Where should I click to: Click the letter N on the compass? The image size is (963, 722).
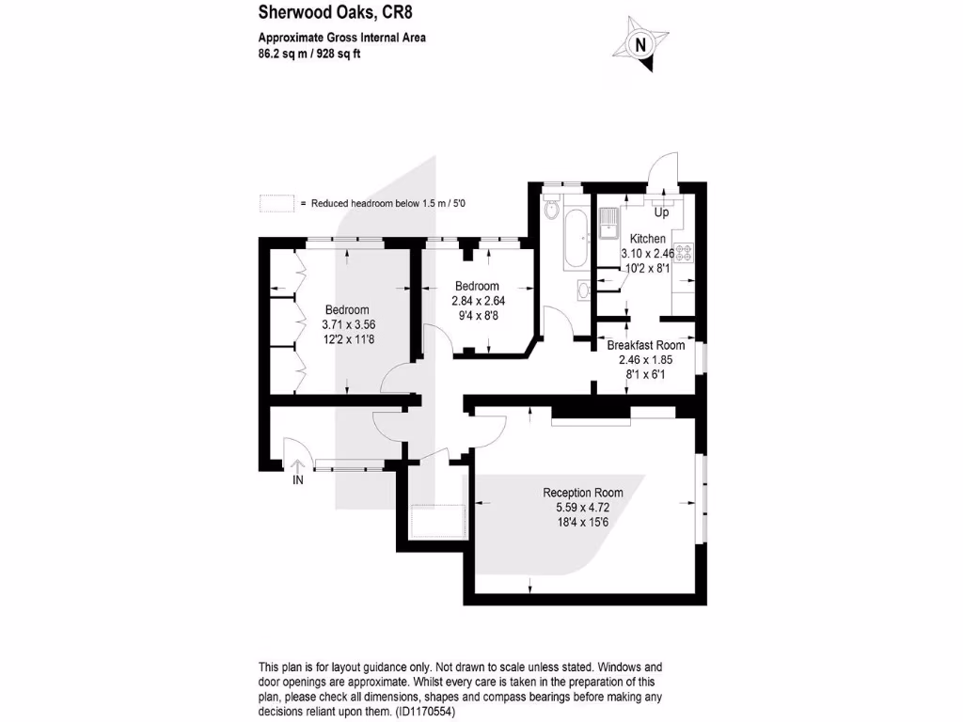pos(641,44)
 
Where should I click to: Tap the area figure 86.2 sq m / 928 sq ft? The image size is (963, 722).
pos(309,54)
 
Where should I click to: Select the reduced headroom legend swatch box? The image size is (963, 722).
pos(276,203)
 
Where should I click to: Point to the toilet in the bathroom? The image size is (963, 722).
pos(552,205)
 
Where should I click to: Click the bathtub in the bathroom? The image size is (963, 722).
pos(576,240)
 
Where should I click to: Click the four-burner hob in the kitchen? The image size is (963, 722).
pos(683,252)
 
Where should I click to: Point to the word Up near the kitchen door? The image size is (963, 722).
pos(661,212)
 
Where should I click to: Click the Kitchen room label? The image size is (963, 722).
pos(648,239)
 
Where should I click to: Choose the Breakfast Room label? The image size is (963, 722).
pos(645,345)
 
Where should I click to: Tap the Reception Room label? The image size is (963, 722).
pos(582,493)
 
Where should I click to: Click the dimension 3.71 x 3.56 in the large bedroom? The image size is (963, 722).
pos(347,325)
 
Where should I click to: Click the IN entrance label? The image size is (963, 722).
pos(298,480)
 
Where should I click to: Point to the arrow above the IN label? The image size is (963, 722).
pos(298,464)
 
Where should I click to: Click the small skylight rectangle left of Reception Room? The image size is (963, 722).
pos(432,521)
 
